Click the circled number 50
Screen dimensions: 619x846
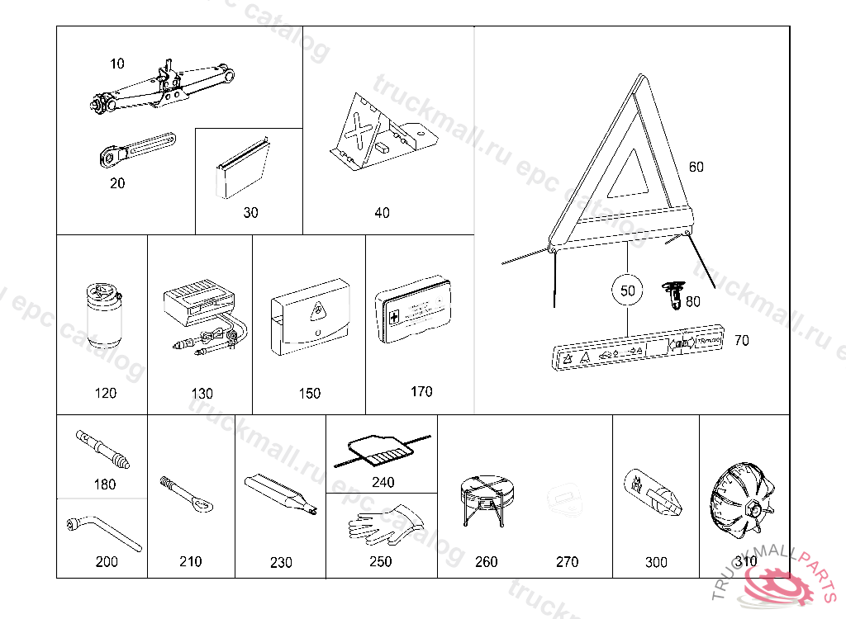coord(628,291)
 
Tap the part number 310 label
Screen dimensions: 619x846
coord(746,561)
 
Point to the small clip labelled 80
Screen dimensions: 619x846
coord(675,295)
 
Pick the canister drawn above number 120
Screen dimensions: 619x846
coord(102,315)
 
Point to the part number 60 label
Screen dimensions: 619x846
coord(696,167)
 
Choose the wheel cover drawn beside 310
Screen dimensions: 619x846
coord(744,501)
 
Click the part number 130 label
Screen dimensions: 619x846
coord(202,394)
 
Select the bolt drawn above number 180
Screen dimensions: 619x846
coord(103,447)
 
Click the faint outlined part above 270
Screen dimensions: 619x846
coord(566,499)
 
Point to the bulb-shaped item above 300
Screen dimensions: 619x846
coord(652,493)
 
